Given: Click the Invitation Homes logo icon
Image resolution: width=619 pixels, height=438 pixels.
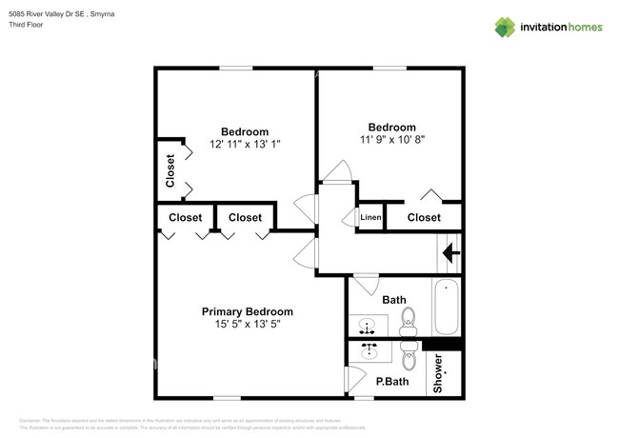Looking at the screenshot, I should pyautogui.click(x=504, y=27).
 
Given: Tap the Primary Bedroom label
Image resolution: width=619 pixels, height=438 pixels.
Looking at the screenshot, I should pyautogui.click(x=247, y=311).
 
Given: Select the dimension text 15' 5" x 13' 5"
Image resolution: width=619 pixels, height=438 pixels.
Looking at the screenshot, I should pyautogui.click(x=247, y=324).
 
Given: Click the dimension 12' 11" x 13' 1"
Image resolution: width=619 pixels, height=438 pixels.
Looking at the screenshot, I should pyautogui.click(x=244, y=144).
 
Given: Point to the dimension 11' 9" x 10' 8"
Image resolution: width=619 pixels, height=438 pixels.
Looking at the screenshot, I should pyautogui.click(x=391, y=139).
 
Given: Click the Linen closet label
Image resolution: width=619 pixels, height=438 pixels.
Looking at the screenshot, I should pyautogui.click(x=371, y=218).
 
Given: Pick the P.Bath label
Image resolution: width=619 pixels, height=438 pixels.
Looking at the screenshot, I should pyautogui.click(x=391, y=382).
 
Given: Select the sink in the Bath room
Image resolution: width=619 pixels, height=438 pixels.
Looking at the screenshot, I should pyautogui.click(x=368, y=327).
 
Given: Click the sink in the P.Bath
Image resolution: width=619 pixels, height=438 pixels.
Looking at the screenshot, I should pyautogui.click(x=368, y=352).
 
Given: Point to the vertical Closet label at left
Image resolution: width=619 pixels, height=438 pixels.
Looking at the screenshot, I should pyautogui.click(x=170, y=171).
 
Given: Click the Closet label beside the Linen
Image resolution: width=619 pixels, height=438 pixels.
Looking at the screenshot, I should pyautogui.click(x=424, y=218).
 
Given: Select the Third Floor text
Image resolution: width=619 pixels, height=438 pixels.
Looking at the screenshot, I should pyautogui.click(x=26, y=25).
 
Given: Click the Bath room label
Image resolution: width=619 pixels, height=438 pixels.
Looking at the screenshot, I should pyautogui.click(x=393, y=300).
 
